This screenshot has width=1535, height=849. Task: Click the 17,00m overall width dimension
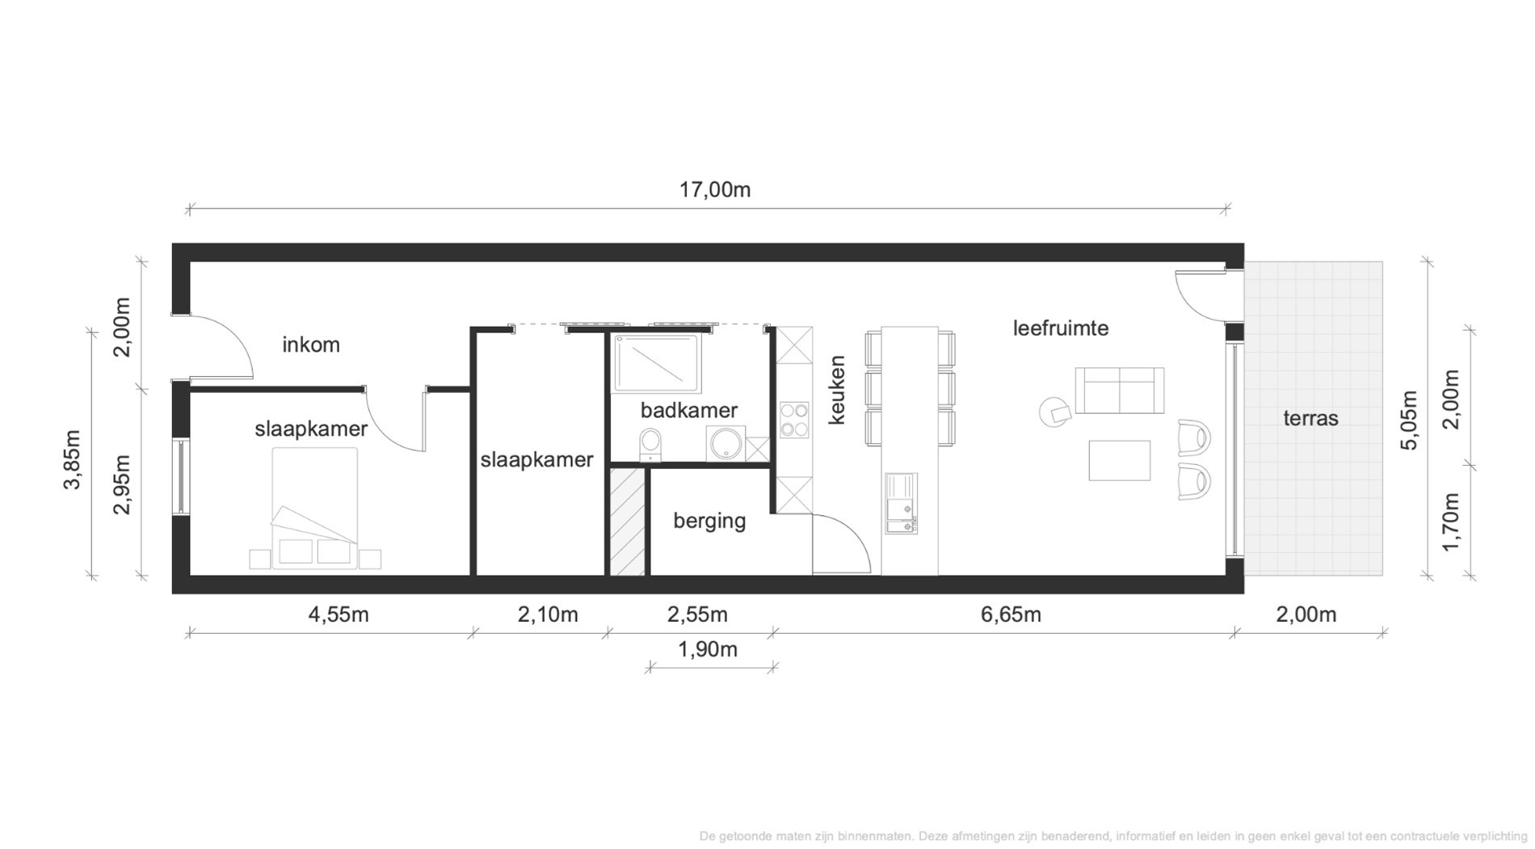point(715,190)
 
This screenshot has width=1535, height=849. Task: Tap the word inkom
point(311,345)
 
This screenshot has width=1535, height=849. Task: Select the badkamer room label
point(689,410)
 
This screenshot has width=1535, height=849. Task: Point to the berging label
point(709,521)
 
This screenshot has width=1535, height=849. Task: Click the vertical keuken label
point(837,390)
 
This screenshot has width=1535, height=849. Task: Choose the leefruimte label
point(1061,328)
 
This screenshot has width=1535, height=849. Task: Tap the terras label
point(1310,418)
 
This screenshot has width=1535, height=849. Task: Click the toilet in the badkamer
point(650,445)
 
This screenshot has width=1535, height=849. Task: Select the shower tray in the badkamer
point(657,363)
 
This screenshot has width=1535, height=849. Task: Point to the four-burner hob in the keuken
point(794,420)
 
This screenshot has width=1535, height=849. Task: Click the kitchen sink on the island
point(902,504)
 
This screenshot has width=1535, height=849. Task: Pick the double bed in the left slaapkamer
point(315,508)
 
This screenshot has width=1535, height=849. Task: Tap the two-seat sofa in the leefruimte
point(1119,390)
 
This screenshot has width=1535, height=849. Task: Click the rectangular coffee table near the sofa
point(1119,460)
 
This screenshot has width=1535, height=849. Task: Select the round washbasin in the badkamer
point(725,444)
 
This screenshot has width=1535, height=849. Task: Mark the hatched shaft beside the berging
point(627,522)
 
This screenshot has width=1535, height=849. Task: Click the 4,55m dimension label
point(339,615)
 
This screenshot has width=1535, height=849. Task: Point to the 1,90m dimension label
point(708,649)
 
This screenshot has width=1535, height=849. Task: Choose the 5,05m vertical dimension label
point(1409,420)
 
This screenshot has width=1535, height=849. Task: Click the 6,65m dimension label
point(1011,615)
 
